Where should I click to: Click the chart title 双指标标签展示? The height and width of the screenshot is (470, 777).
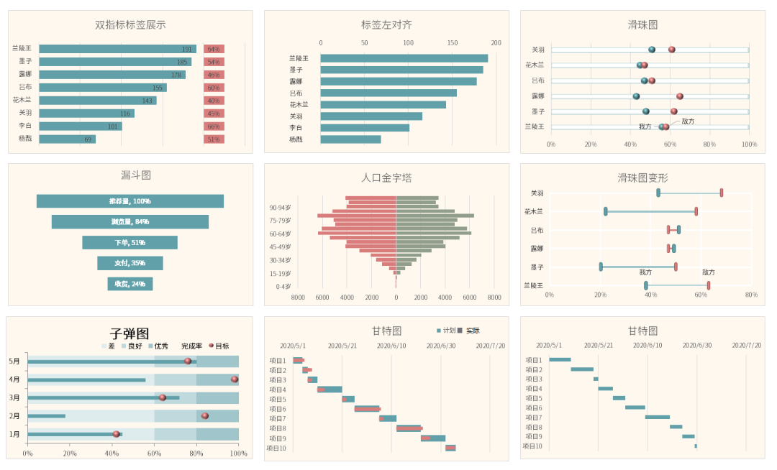point(130,24)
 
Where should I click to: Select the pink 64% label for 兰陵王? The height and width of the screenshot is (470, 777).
point(214,49)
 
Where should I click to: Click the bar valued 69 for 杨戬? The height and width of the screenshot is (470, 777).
point(67,139)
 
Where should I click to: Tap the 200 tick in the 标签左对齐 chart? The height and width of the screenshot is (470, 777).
point(496,42)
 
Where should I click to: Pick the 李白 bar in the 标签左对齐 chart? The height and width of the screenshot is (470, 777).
point(365,128)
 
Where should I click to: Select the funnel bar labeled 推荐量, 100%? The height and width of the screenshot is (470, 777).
point(130,201)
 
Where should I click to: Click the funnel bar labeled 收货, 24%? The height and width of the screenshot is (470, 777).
point(130,284)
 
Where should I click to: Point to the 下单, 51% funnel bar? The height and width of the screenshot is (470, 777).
point(130,243)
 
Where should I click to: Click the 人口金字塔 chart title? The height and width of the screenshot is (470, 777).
point(386,178)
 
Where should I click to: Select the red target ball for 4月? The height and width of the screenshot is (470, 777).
point(235,379)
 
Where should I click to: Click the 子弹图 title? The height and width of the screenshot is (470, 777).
point(129,333)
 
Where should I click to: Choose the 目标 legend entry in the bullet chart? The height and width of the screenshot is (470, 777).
point(219,346)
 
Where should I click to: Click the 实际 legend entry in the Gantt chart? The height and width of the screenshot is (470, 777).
point(468,331)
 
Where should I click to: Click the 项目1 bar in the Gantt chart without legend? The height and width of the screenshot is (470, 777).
point(560,359)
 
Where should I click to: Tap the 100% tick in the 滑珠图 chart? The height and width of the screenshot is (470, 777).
point(749,144)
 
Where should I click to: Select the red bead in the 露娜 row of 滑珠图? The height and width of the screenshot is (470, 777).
point(680,96)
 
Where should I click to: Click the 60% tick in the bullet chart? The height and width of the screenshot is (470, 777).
point(154,453)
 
